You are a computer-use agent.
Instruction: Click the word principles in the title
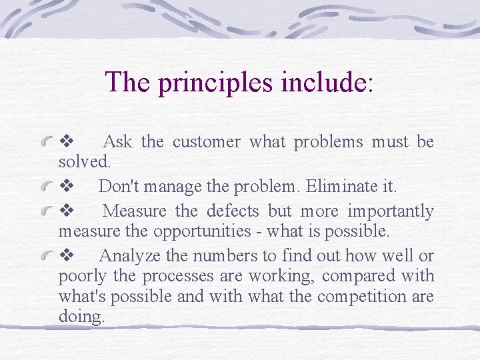click(x=212, y=83)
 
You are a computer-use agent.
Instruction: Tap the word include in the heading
click(x=323, y=82)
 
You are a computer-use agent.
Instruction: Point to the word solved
click(x=85, y=162)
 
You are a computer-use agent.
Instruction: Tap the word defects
click(x=233, y=211)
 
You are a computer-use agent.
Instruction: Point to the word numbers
click(x=225, y=255)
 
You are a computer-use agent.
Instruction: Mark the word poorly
click(x=78, y=276)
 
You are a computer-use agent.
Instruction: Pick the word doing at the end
click(x=81, y=317)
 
